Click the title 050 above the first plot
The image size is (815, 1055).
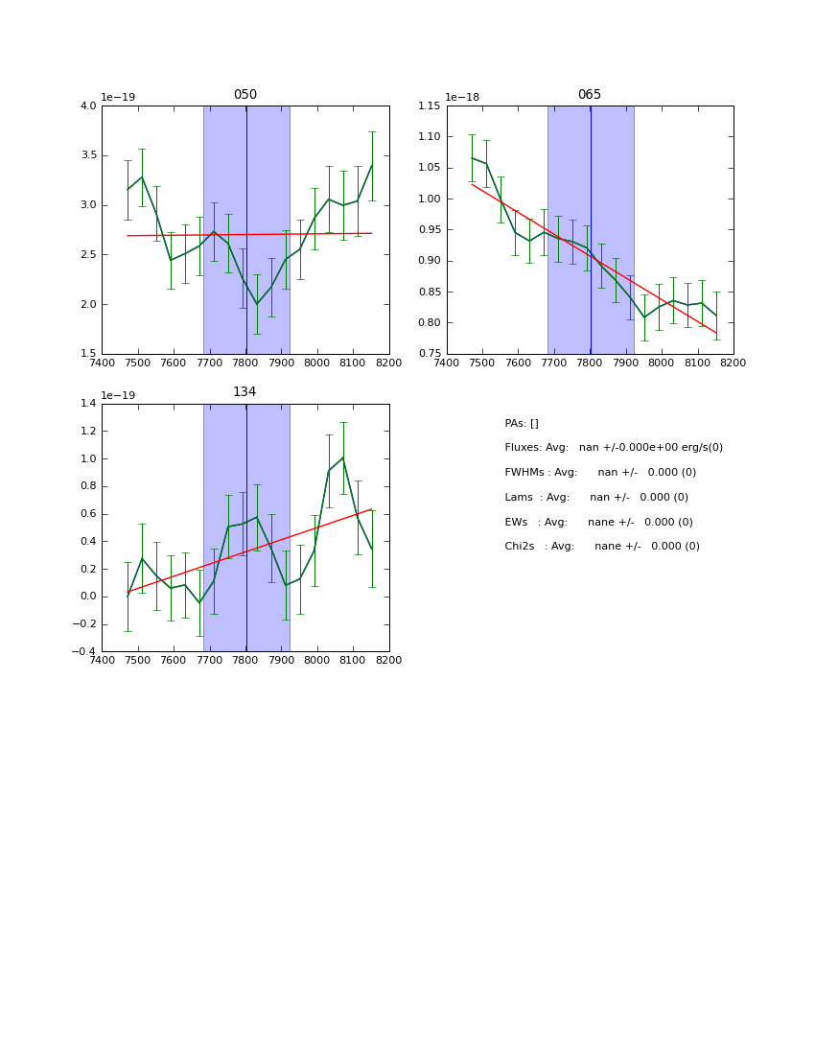tap(245, 95)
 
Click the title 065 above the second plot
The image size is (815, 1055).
tap(590, 95)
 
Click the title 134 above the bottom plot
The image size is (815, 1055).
tap(245, 392)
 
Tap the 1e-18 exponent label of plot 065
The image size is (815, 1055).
tap(462, 97)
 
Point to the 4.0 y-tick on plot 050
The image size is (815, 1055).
tap(87, 105)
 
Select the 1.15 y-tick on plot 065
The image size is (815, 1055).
tap(430, 105)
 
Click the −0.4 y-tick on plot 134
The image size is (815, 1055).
tap(84, 651)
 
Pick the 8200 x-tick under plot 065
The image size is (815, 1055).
tap(733, 363)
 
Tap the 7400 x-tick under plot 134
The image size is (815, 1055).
tap(102, 661)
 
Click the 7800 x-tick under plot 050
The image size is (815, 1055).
tap(245, 363)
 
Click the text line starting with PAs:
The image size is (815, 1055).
tap(522, 423)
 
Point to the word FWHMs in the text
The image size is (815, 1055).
tap(524, 473)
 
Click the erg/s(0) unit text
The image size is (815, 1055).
tap(700, 448)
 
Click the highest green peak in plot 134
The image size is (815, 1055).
tap(343, 457)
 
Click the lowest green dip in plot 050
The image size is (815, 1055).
tap(257, 304)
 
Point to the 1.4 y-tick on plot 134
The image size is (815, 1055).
tap(87, 404)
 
